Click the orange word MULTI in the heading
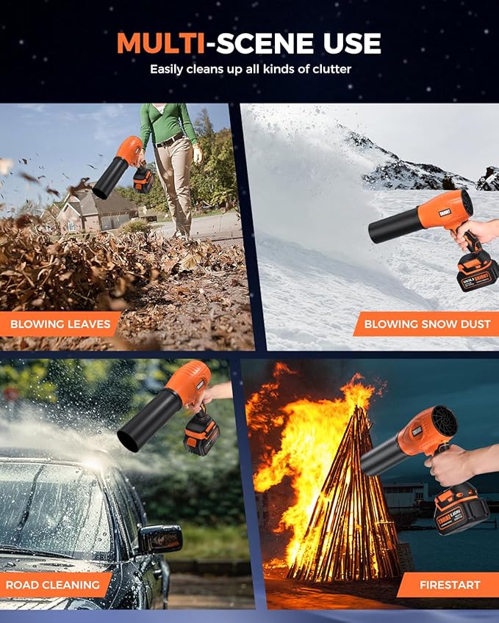(160, 43)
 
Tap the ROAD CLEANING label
(53, 585)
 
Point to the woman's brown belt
(171, 139)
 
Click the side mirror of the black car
(160, 538)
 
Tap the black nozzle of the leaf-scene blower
(111, 178)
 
